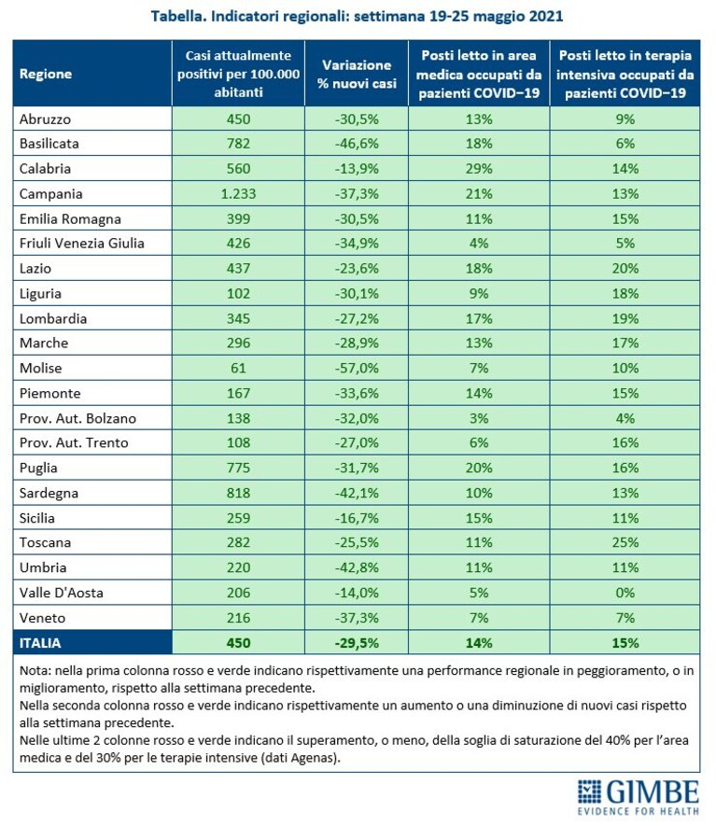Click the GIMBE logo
pos(638,797)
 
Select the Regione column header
pos(46,74)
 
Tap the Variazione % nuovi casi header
pos(357,74)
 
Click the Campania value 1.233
pos(238,194)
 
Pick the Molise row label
pos(40,368)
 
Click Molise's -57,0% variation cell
pos(357,368)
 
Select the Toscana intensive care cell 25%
pos(625,542)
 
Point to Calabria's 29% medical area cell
pos(479,169)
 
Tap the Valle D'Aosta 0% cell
pos(625,593)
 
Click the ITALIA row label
pos(40,643)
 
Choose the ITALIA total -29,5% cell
pos(357,643)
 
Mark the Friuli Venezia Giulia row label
pos(81,244)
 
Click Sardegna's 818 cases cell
pos(238,493)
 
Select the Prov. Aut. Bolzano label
pos(77,418)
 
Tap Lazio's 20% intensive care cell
pos(625,269)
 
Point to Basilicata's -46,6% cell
pos(357,144)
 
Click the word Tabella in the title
pos(178,16)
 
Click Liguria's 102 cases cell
pos(238,293)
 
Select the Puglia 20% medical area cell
pos(479,468)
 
